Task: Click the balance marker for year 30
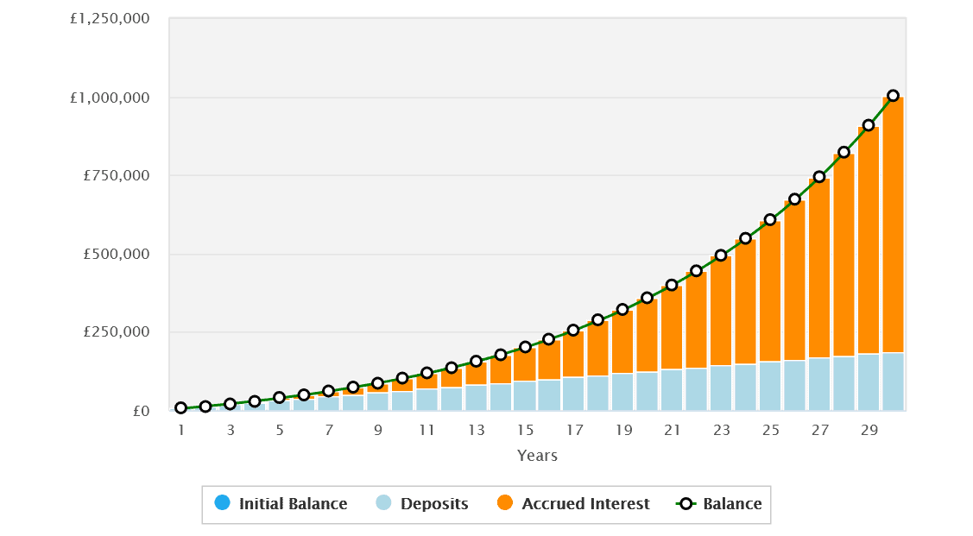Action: pyautogui.click(x=893, y=96)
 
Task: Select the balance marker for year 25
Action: pyautogui.click(x=770, y=219)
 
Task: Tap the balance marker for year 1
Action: pyautogui.click(x=180, y=407)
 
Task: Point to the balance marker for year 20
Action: pyautogui.click(x=648, y=298)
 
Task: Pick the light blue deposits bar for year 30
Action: pyautogui.click(x=893, y=381)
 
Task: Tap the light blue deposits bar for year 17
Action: pyautogui.click(x=573, y=394)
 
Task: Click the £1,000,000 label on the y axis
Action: pyautogui.click(x=110, y=98)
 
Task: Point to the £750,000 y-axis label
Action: pyautogui.click(x=117, y=176)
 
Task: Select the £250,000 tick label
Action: pyautogui.click(x=117, y=332)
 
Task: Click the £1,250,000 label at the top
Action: pyautogui.click(x=110, y=19)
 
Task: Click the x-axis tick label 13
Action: pyautogui.click(x=476, y=430)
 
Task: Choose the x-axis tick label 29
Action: pyautogui.click(x=869, y=430)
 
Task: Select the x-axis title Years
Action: pyautogui.click(x=537, y=455)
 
